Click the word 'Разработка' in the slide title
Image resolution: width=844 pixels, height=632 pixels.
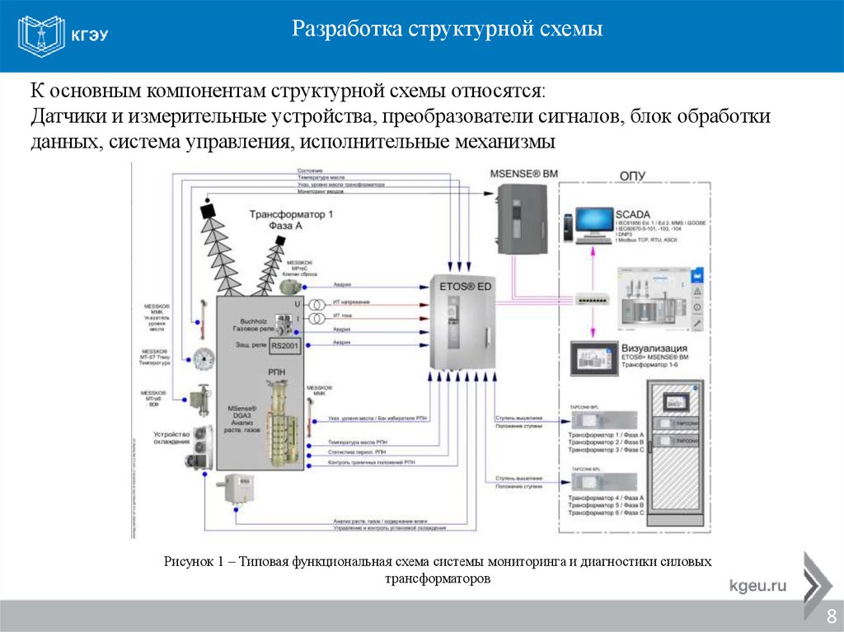pyautogui.click(x=345, y=30)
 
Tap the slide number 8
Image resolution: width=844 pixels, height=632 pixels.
pyautogui.click(x=831, y=616)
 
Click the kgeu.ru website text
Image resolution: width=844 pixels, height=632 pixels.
pyautogui.click(x=757, y=586)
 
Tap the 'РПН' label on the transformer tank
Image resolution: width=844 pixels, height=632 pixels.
pyautogui.click(x=276, y=373)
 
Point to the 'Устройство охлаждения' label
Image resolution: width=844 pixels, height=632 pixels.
pyautogui.click(x=171, y=438)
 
